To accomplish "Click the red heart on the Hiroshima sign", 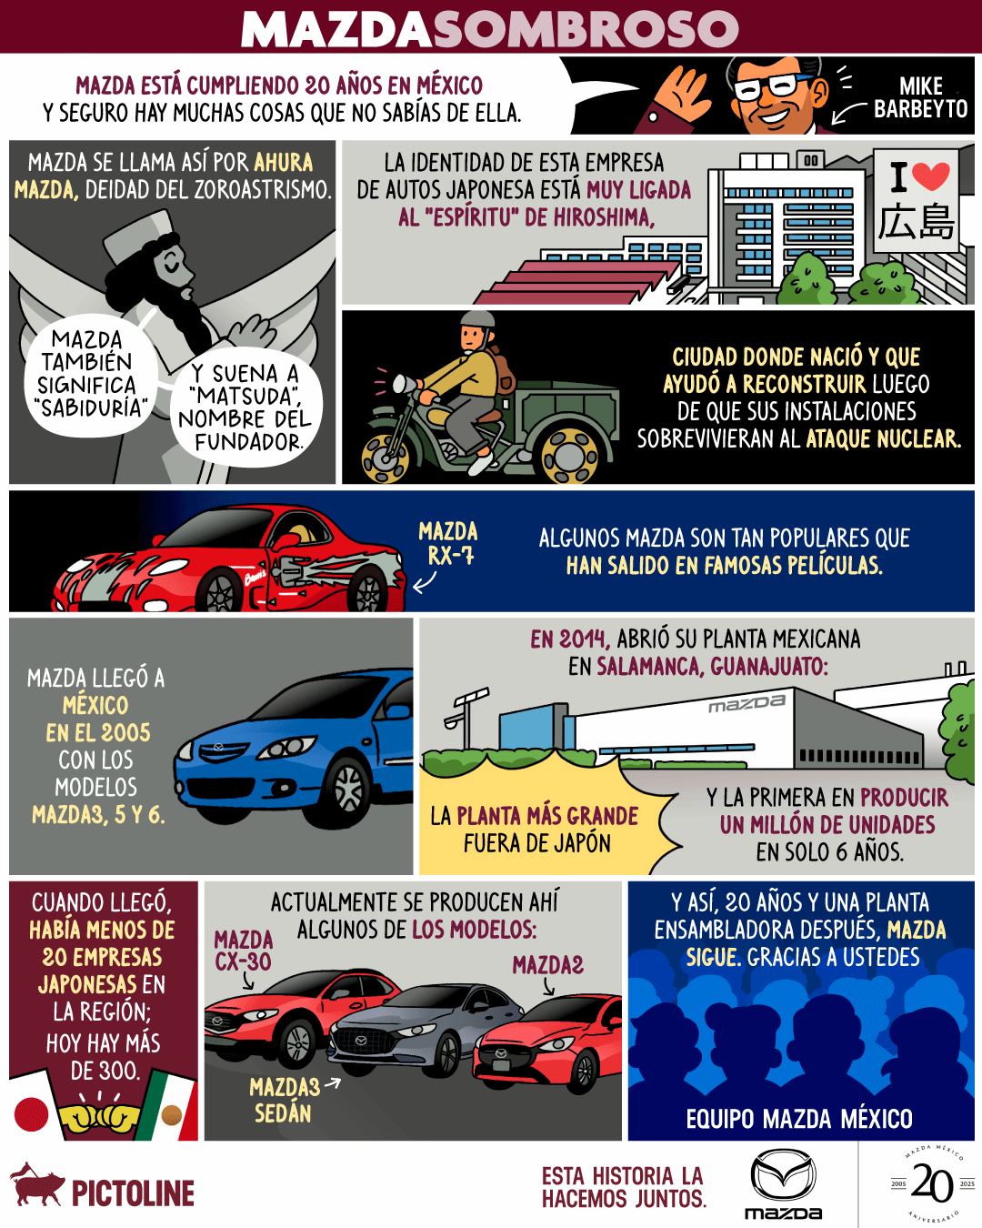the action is pyautogui.click(x=931, y=176).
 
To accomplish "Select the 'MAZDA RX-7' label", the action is pyautogui.click(x=448, y=543).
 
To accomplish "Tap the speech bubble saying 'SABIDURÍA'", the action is pyautogui.click(x=87, y=374).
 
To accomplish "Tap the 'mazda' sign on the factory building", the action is pyautogui.click(x=747, y=703).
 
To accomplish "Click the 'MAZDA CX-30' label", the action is pyautogui.click(x=244, y=950).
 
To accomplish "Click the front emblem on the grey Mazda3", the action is pyautogui.click(x=361, y=1041).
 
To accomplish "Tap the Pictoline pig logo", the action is pyautogui.click(x=37, y=1184).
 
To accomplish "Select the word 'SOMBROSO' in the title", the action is pyautogui.click(x=586, y=28).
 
